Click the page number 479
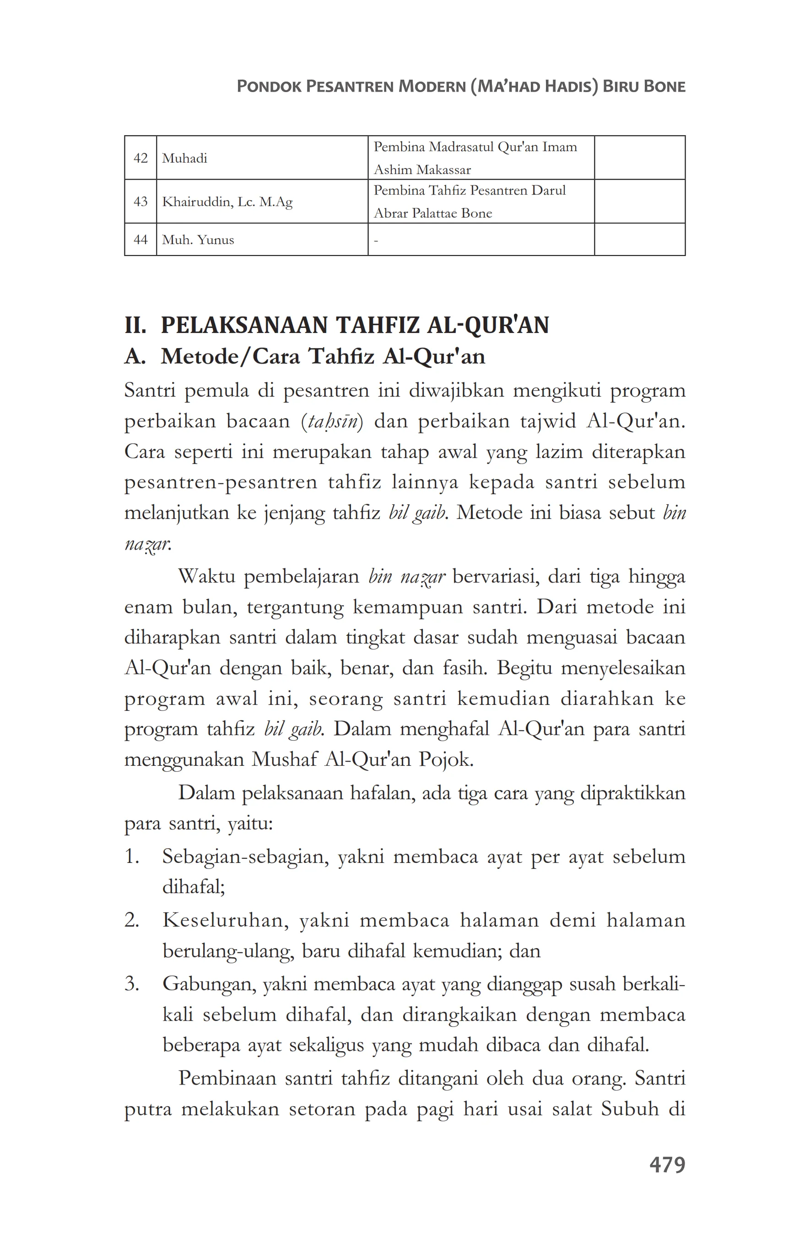click(666, 1165)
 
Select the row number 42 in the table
click(140, 158)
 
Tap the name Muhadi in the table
click(184, 158)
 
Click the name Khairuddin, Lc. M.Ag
click(227, 202)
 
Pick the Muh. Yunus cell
click(198, 240)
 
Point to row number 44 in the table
click(140, 240)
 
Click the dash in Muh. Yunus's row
click(376, 241)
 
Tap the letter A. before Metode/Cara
click(135, 356)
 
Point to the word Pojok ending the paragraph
click(445, 759)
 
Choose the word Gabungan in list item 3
click(209, 984)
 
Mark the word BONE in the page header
click(664, 86)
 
